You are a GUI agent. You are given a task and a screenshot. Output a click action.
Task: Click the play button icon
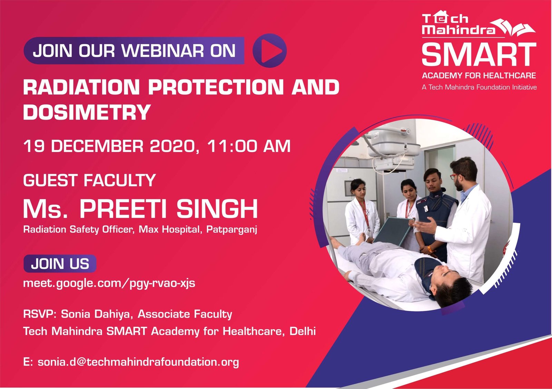pos(269,50)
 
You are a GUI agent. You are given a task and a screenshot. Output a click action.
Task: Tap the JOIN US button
pos(60,264)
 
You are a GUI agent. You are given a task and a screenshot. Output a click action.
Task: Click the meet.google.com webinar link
pos(109,283)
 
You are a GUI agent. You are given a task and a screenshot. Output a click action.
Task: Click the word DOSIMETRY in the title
pos(87,112)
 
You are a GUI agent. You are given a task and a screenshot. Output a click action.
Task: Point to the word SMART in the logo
pos(479,54)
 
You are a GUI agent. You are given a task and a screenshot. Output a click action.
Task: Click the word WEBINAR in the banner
pos(163,51)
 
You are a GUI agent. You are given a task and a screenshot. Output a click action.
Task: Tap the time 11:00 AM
pos(249,146)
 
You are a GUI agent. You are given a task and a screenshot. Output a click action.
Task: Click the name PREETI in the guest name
pos(125,209)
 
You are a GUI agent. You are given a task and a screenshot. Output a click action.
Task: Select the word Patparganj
pos(231,230)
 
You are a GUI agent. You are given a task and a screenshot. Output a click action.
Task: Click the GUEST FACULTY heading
pos(89,180)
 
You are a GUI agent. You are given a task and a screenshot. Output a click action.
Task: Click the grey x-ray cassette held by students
pos(393,231)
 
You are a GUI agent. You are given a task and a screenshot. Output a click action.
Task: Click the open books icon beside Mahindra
pos(512,28)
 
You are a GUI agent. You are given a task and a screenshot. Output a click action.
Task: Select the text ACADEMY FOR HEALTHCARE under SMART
pos(479,76)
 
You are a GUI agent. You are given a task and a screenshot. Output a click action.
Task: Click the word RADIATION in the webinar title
pos(81,87)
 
